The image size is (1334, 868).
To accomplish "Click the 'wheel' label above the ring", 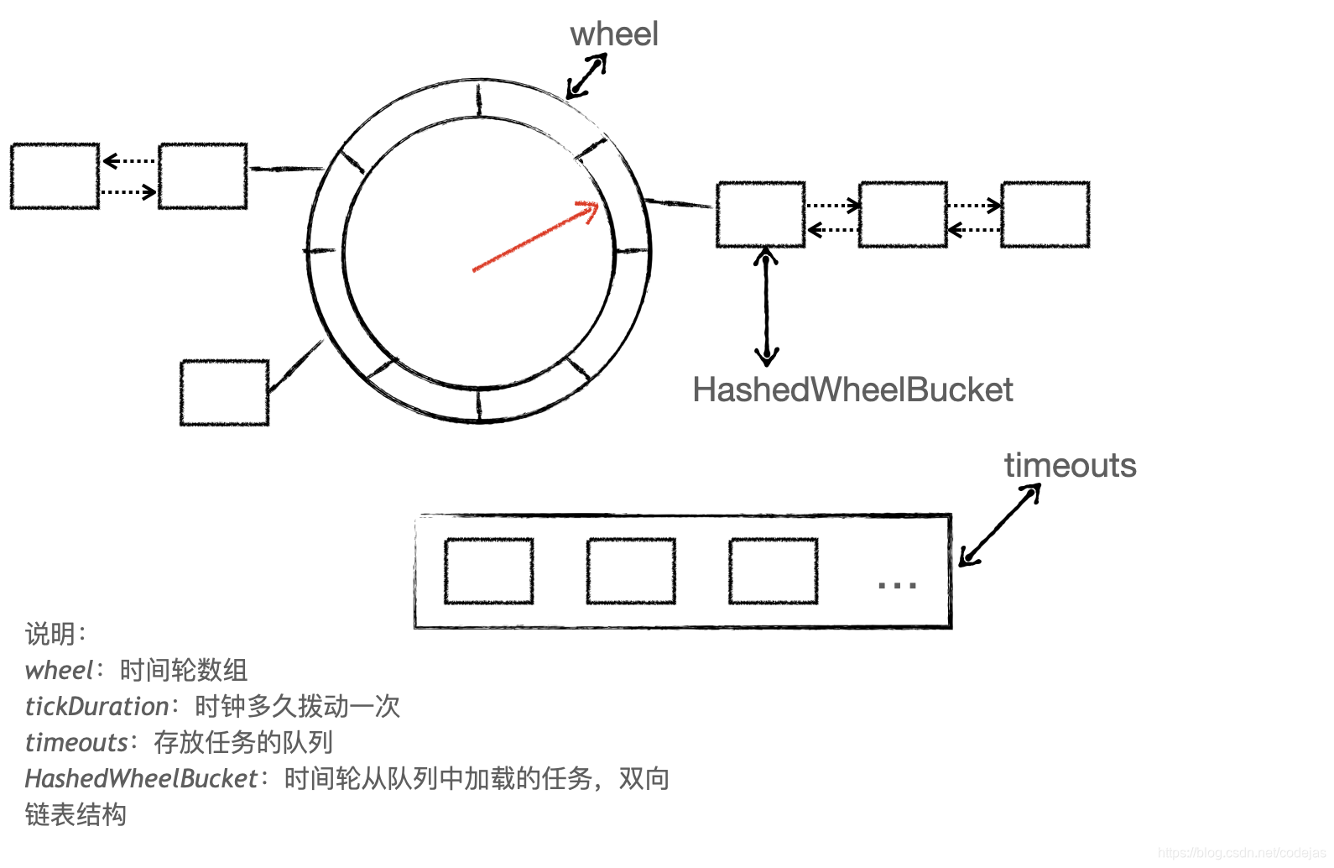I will pyautogui.click(x=614, y=34).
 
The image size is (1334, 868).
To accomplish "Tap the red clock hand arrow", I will pyautogui.click(x=536, y=236).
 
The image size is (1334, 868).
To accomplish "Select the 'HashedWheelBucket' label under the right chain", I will pyautogui.click(x=852, y=390).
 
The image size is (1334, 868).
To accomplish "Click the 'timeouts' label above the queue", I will pyautogui.click(x=1070, y=466).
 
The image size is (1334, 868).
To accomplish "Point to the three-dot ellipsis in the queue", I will pyautogui.click(x=896, y=584).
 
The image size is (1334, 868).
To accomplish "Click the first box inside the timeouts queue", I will pyautogui.click(x=488, y=571).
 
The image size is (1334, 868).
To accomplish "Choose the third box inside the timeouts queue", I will pyautogui.click(x=773, y=571).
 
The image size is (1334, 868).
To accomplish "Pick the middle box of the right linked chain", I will pyautogui.click(x=903, y=215).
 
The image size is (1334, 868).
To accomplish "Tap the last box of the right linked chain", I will pyautogui.click(x=1045, y=215).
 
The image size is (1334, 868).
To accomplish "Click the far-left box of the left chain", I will pyautogui.click(x=55, y=176).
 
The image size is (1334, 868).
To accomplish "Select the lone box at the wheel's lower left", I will pyautogui.click(x=224, y=393).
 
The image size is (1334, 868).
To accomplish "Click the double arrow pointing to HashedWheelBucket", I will pyautogui.click(x=766, y=306).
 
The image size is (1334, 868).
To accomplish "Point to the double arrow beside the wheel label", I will pyautogui.click(x=587, y=76).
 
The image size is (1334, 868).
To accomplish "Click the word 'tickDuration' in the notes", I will pyautogui.click(x=96, y=707).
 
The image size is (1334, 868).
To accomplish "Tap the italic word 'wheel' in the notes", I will pyautogui.click(x=59, y=671).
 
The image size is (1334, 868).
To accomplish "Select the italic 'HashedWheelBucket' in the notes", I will pyautogui.click(x=141, y=779).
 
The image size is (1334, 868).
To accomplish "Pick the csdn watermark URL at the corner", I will pyautogui.click(x=1241, y=853).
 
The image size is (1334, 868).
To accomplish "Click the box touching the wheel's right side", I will pyautogui.click(x=761, y=215).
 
